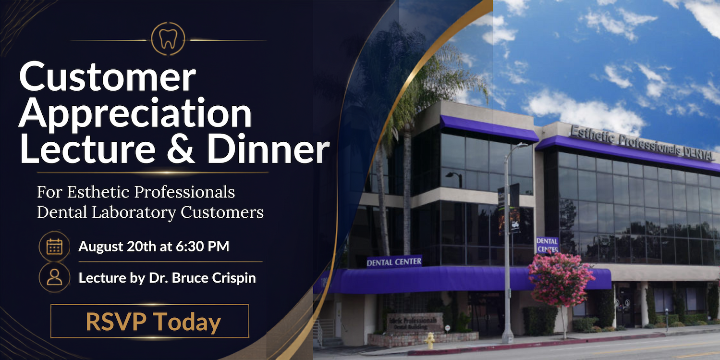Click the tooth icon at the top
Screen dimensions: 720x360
(x=168, y=39)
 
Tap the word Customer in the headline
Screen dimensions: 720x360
(x=108, y=77)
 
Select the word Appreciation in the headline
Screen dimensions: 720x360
(x=135, y=115)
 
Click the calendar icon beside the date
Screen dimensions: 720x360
(x=54, y=247)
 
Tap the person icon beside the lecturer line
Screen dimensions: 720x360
(x=54, y=277)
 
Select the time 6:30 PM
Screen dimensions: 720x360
(x=203, y=247)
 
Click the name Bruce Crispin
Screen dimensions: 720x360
(x=214, y=278)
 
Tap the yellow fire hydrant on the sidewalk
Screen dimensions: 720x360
(x=430, y=340)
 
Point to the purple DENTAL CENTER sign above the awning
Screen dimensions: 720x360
(x=394, y=262)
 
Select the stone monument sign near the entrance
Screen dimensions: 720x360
(x=415, y=323)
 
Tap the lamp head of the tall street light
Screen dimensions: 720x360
(x=522, y=145)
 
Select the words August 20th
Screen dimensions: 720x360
(x=117, y=247)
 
